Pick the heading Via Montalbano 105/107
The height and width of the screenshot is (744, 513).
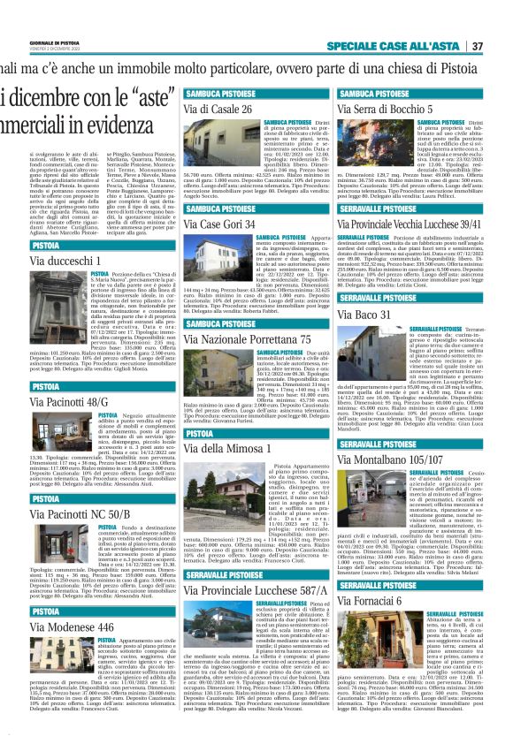tap(387, 460)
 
